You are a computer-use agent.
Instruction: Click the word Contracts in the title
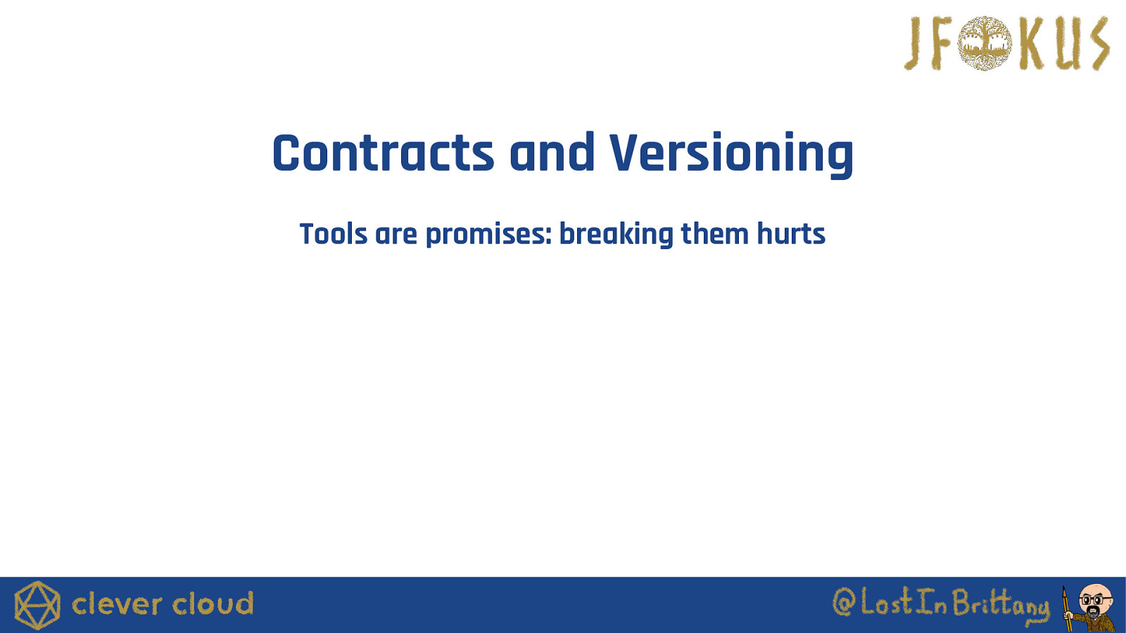(383, 153)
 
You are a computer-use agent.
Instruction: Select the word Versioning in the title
(731, 155)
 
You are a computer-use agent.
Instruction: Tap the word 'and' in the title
(552, 152)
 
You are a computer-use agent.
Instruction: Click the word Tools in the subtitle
(334, 234)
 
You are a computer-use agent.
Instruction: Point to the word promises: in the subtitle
(489, 235)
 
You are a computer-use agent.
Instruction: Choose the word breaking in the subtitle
(616, 235)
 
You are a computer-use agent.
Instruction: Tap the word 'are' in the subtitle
(396, 235)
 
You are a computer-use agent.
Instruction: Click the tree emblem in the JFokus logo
(985, 43)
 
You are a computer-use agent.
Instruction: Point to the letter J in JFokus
(914, 44)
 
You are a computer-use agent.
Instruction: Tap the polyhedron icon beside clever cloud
(37, 606)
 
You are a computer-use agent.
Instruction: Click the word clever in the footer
(118, 604)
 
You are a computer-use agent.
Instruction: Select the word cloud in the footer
(213, 604)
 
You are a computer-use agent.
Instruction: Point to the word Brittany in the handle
(1000, 605)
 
